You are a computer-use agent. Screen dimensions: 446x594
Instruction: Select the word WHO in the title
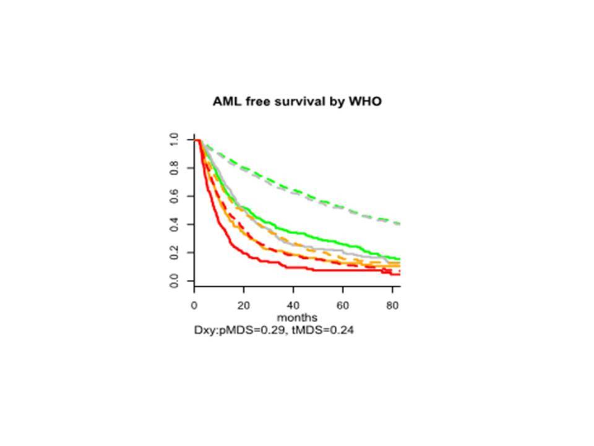pos(365,101)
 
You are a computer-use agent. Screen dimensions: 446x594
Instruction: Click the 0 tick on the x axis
pos(195,306)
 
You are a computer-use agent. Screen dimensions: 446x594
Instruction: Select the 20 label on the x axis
pos(244,306)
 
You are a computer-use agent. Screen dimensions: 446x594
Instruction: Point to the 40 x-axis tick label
pos(293,306)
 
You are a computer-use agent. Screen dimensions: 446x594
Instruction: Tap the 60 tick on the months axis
pos(343,306)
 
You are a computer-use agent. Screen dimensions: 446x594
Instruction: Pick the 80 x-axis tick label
pos(392,306)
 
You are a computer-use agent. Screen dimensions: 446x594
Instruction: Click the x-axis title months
pos(296,318)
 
